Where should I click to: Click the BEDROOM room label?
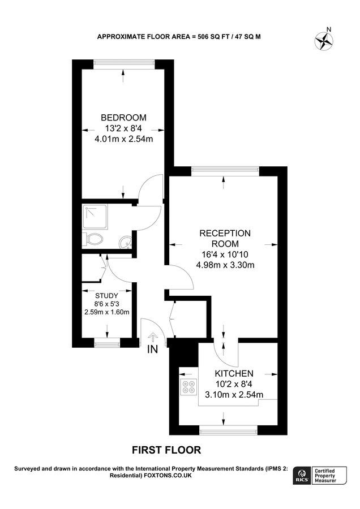pos(123,118)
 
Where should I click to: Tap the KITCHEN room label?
pos(233,374)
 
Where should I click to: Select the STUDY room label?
pos(106,296)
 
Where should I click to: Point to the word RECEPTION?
pos(225,233)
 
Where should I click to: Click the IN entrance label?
pos(152,350)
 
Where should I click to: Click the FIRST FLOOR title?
pos(166,450)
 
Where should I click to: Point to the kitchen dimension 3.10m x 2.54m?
pos(233,395)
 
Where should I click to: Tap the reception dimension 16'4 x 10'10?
pos(225,255)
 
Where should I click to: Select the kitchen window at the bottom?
pos(225,431)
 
